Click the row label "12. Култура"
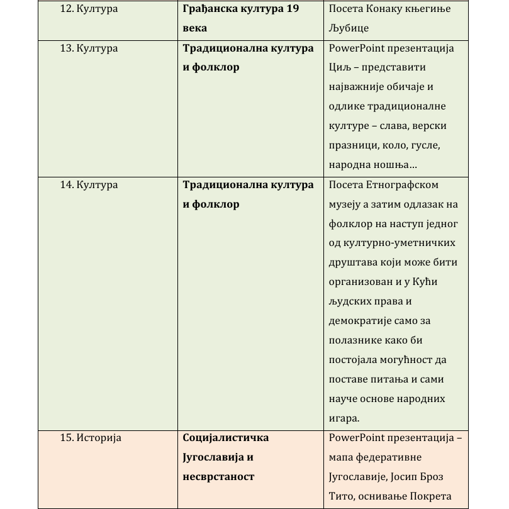[88, 9]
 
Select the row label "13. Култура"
[88, 48]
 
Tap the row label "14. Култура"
[88, 184]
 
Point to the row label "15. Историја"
[90, 437]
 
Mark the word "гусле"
[440, 145]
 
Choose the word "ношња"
[391, 165]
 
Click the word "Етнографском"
[401, 184]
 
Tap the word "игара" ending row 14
[344, 418]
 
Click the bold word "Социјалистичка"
[225, 437]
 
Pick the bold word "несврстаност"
[218, 476]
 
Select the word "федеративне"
[391, 457]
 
